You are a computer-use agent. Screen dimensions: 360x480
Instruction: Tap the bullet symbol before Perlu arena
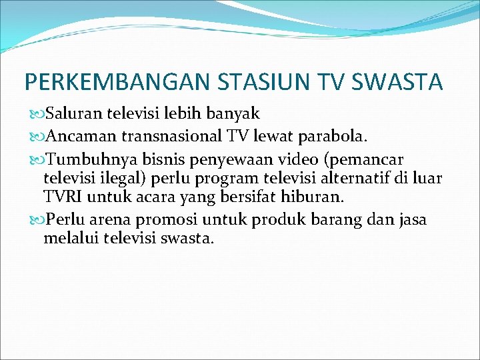pos(35,220)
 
